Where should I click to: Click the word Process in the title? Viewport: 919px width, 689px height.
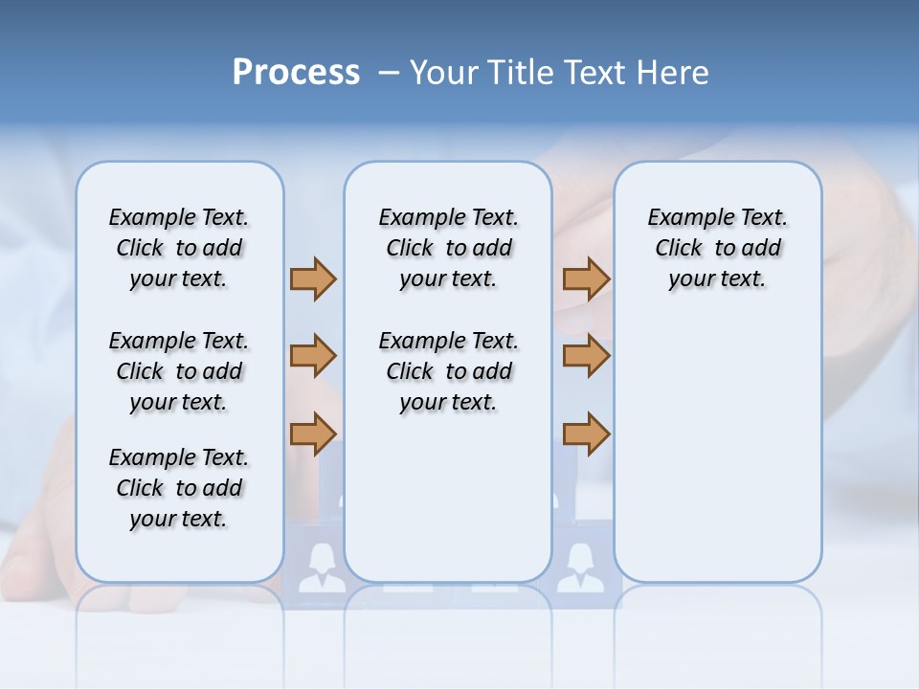point(296,73)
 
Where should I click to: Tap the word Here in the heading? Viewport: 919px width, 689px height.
point(671,73)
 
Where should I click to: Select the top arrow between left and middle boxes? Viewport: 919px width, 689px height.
point(313,278)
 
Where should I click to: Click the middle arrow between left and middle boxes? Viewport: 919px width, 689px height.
point(313,356)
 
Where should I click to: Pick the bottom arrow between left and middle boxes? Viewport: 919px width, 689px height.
point(313,433)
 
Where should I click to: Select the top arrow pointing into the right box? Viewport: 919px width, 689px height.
point(586,278)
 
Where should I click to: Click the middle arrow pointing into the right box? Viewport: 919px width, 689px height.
point(586,356)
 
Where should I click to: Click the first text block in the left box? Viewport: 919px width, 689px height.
point(179,248)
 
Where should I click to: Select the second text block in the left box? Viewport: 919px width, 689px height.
point(179,371)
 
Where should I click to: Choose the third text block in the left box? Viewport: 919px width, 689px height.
point(179,488)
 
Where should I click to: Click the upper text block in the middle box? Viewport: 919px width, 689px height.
point(448,248)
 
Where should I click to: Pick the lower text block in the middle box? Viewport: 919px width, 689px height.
point(448,371)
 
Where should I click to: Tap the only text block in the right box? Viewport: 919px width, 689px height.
point(717,248)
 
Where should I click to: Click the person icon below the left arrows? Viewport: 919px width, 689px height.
point(315,567)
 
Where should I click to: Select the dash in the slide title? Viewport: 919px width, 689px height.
point(389,73)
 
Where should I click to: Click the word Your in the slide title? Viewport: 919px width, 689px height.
point(442,73)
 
